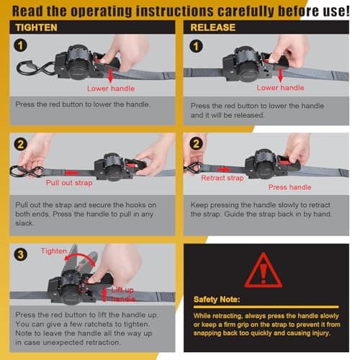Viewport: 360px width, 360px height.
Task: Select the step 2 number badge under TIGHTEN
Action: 19,144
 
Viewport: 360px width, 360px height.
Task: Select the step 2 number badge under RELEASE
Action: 194,144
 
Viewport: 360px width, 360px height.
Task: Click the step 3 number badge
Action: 19,253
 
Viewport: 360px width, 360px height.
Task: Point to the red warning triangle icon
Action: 263,270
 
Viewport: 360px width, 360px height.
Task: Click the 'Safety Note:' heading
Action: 216,299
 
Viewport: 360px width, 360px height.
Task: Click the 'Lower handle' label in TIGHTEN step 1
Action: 110,89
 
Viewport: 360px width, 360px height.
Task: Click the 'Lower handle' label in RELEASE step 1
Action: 281,88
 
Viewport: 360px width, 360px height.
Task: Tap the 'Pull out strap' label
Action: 69,183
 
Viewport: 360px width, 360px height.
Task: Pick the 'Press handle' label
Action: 289,187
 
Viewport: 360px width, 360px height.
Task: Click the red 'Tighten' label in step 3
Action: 53,251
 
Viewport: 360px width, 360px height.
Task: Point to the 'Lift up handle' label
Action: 122,293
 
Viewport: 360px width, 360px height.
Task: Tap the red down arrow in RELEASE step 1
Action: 286,74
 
